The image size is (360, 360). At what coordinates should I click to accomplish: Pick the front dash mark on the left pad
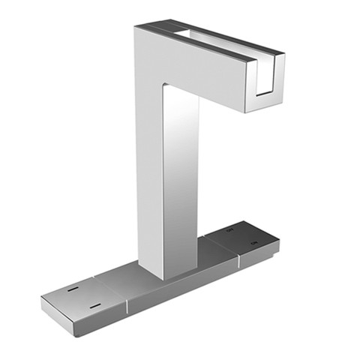coord(95,305)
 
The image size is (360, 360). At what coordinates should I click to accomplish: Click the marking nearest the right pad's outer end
coord(253,245)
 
